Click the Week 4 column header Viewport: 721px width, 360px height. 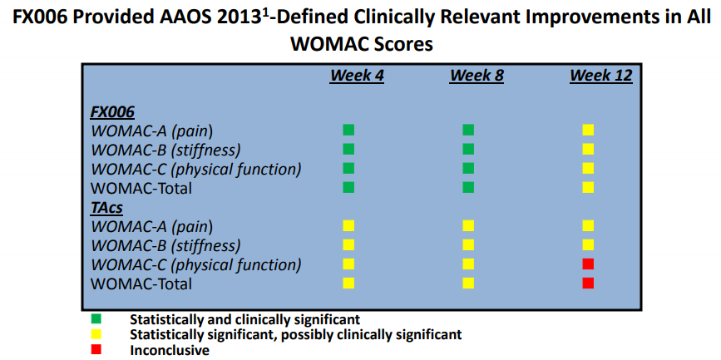click(x=356, y=76)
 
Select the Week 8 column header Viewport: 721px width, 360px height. click(x=477, y=76)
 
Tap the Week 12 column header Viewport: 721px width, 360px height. click(x=601, y=76)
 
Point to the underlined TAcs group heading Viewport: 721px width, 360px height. click(x=107, y=207)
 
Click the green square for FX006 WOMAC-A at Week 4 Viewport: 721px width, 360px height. click(x=348, y=130)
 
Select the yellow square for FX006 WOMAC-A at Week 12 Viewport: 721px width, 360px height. click(x=588, y=130)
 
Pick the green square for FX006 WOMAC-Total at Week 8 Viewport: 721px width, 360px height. click(x=468, y=188)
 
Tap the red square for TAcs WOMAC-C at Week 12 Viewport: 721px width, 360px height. click(x=588, y=264)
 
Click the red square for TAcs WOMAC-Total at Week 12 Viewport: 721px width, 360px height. click(x=588, y=284)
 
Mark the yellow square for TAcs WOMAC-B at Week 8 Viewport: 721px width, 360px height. click(x=468, y=244)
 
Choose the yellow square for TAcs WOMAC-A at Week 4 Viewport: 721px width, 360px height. click(x=348, y=226)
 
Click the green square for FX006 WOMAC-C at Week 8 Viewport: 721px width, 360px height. click(x=468, y=168)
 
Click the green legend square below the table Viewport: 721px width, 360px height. click(x=96, y=318)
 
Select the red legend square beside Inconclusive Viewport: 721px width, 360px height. click(x=96, y=349)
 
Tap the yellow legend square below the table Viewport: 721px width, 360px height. click(x=96, y=333)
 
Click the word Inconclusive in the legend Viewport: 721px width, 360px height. click(x=170, y=350)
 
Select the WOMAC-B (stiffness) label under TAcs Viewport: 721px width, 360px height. click(x=166, y=246)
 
